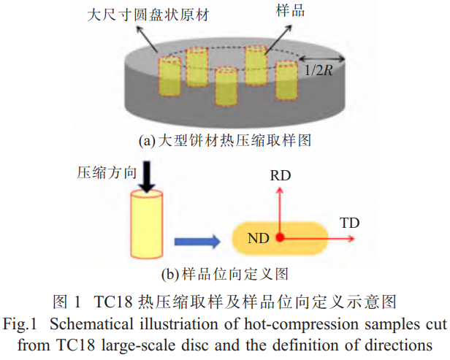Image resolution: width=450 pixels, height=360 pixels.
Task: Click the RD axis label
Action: [282, 176]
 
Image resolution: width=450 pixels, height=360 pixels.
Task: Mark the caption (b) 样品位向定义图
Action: [224, 275]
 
